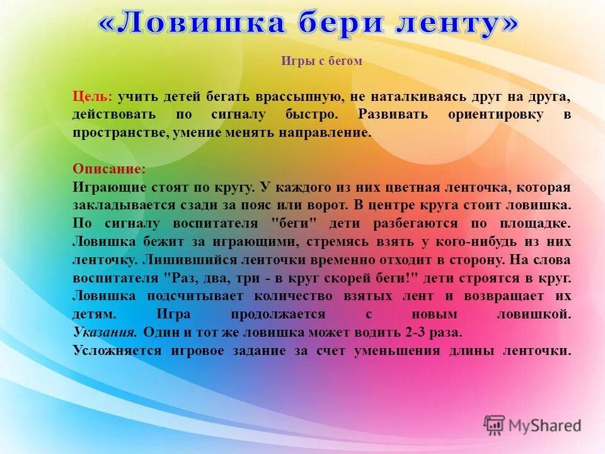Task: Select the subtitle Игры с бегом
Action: (x=321, y=61)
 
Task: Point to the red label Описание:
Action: (x=109, y=169)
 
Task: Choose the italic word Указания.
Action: (x=105, y=332)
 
